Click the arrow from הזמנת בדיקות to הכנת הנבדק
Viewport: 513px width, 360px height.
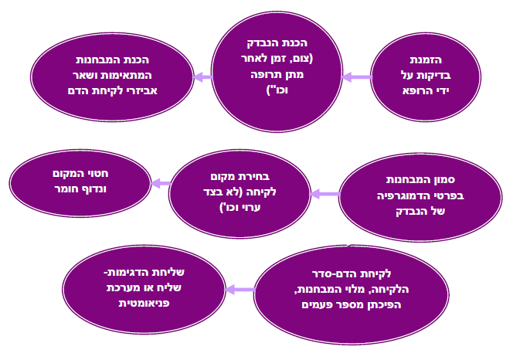point(357,77)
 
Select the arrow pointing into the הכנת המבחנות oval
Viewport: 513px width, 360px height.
point(203,77)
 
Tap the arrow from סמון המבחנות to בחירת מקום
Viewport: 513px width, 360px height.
point(325,194)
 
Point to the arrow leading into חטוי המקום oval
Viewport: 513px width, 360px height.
point(161,183)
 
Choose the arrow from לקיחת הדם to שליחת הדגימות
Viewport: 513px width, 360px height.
point(240,290)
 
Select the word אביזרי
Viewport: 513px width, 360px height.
point(141,90)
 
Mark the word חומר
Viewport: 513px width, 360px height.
point(64,188)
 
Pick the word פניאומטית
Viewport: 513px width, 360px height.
point(144,303)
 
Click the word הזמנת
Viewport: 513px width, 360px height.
point(426,60)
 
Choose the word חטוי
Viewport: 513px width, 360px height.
point(98,174)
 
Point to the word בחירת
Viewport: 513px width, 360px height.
point(254,177)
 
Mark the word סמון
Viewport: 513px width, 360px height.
point(444,180)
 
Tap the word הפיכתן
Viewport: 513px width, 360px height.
point(386,305)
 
